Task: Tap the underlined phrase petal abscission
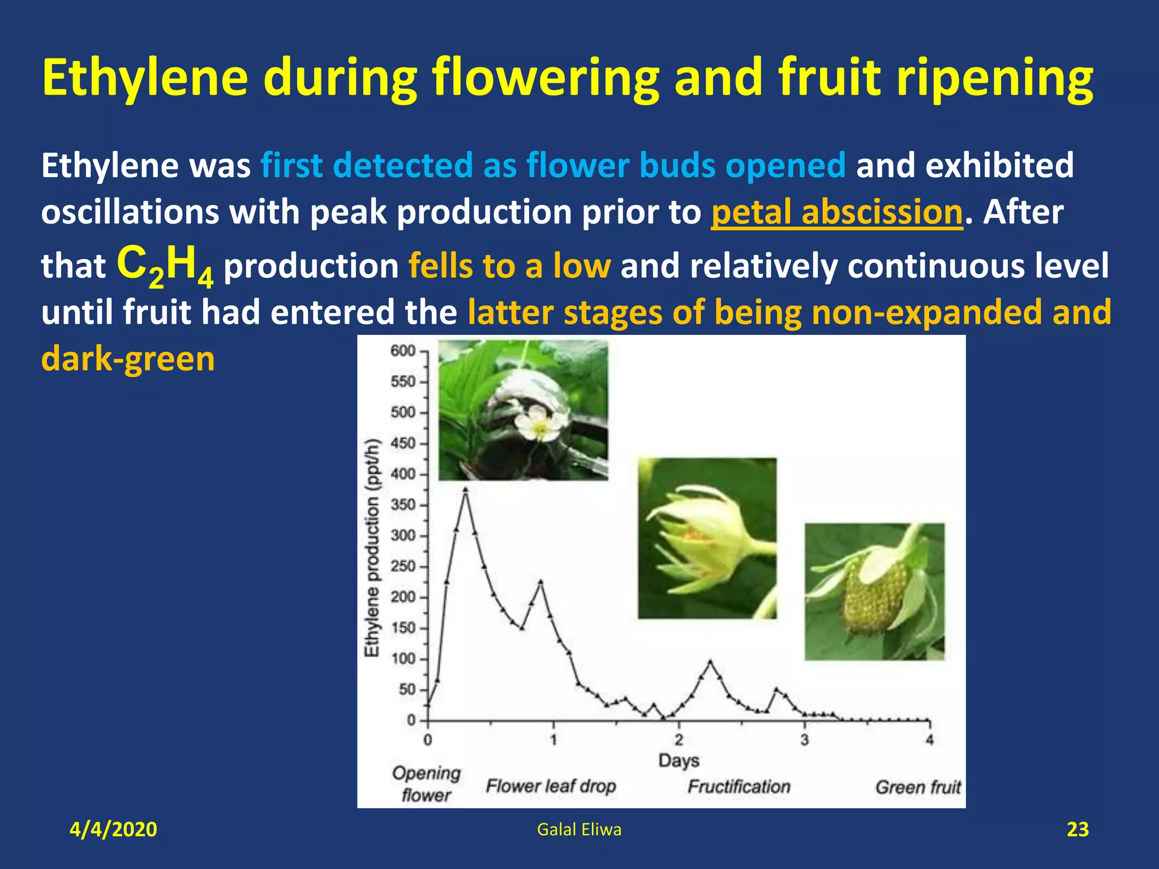pos(836,213)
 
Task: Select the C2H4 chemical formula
pos(165,266)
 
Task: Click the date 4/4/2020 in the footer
pos(113,829)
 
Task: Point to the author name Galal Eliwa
pos(579,829)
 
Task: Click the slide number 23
pos(1077,829)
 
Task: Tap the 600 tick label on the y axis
pos(403,351)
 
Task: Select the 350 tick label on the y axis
pos(403,505)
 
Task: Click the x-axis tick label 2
pos(679,739)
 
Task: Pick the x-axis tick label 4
pos(929,739)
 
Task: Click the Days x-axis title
pos(679,760)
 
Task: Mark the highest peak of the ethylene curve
pos(465,490)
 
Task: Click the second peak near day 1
pos(540,582)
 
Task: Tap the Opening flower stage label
pos(426,784)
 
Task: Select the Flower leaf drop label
pos(551,786)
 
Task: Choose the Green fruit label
pos(918,787)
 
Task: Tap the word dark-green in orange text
pos(128,359)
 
